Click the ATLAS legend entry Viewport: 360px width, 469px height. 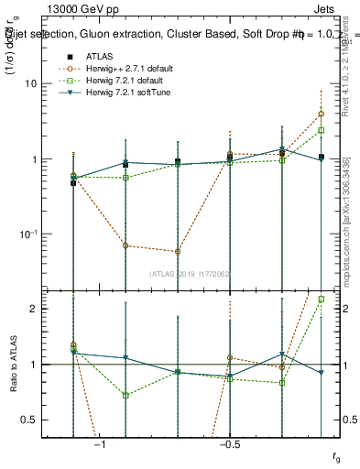[x=101, y=56]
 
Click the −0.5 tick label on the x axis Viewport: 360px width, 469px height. [x=229, y=444]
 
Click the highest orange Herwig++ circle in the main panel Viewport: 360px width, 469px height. [x=322, y=115]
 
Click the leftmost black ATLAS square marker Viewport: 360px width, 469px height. [x=73, y=183]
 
